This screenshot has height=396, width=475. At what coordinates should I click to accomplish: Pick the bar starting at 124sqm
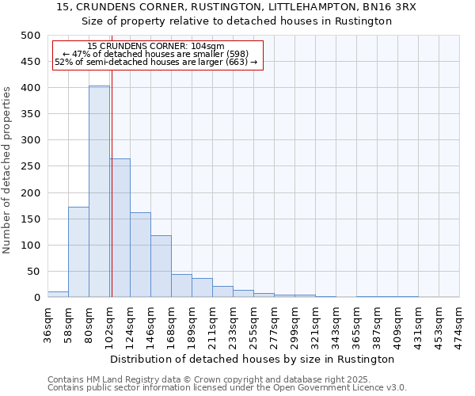[x=140, y=255]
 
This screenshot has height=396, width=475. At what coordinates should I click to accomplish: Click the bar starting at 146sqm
[x=161, y=266]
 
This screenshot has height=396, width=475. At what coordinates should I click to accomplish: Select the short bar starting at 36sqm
[x=58, y=295]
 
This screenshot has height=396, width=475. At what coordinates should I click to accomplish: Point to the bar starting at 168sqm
[x=181, y=286]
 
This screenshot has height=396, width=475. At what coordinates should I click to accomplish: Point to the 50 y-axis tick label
[x=33, y=272]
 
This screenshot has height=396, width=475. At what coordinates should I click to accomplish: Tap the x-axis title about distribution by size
[x=253, y=359]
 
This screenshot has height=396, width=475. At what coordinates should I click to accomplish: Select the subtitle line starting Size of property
[x=237, y=21]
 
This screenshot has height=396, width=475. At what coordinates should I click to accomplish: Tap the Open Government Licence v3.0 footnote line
[x=227, y=388]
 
